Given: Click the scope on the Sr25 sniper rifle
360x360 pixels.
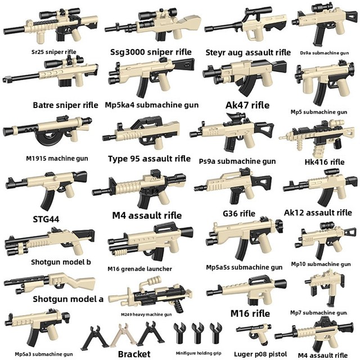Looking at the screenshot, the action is coord(60,13).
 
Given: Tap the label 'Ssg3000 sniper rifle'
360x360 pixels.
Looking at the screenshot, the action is coord(151,52).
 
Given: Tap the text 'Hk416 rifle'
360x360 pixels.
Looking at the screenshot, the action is coord(325,162).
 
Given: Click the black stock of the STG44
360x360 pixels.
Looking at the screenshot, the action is coord(80,177).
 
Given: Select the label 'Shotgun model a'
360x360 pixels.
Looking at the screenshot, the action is coord(68,299).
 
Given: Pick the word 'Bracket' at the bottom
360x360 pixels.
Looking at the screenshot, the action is coord(134,354).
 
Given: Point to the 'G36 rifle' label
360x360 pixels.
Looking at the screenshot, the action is coord(239,214).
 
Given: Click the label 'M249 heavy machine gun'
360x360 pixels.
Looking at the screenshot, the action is coord(146,314).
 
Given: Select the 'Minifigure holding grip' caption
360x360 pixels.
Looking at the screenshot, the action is coord(199,353).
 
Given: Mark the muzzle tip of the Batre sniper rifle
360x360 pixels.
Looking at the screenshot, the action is coord(4,80).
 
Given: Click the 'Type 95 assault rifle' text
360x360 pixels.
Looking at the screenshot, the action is coord(149,159).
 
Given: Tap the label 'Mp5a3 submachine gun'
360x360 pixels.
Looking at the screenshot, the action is coord(44,354).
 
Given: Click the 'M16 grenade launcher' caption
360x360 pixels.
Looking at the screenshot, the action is coord(139,269).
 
